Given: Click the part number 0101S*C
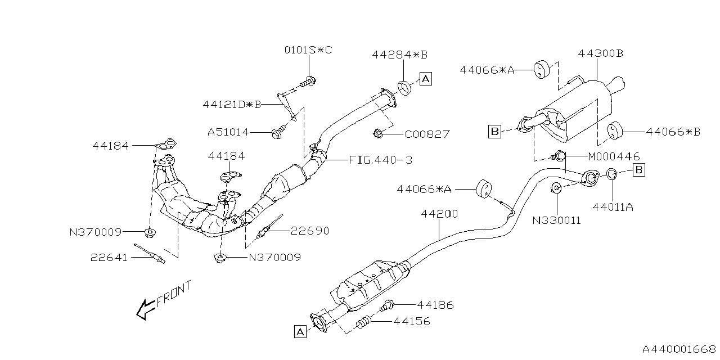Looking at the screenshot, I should [308, 51].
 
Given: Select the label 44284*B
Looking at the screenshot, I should [399, 55].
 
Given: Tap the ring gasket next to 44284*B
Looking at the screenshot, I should [405, 88].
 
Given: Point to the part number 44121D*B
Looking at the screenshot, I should [232, 104].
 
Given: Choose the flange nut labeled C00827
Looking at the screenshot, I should [377, 134].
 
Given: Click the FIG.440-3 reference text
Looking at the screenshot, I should [380, 160].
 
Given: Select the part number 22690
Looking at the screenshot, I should [310, 231].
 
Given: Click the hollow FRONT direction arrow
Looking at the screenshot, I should [147, 308].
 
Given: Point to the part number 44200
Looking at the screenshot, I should [439, 214].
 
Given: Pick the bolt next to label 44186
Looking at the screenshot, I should [388, 306].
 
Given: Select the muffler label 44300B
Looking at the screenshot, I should [600, 53].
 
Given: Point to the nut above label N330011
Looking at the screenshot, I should [555, 188].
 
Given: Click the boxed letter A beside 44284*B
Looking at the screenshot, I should [425, 79].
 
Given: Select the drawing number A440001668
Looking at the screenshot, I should [678, 349].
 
